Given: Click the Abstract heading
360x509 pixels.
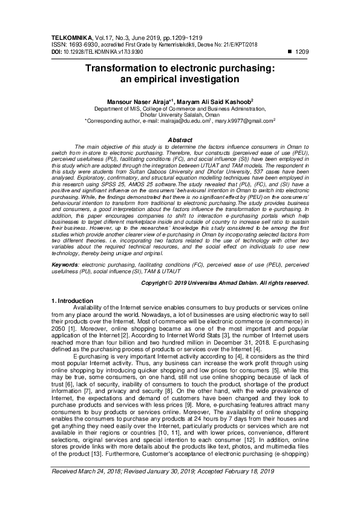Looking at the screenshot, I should tap(180, 140).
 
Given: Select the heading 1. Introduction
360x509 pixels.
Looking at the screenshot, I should tap(71, 300).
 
